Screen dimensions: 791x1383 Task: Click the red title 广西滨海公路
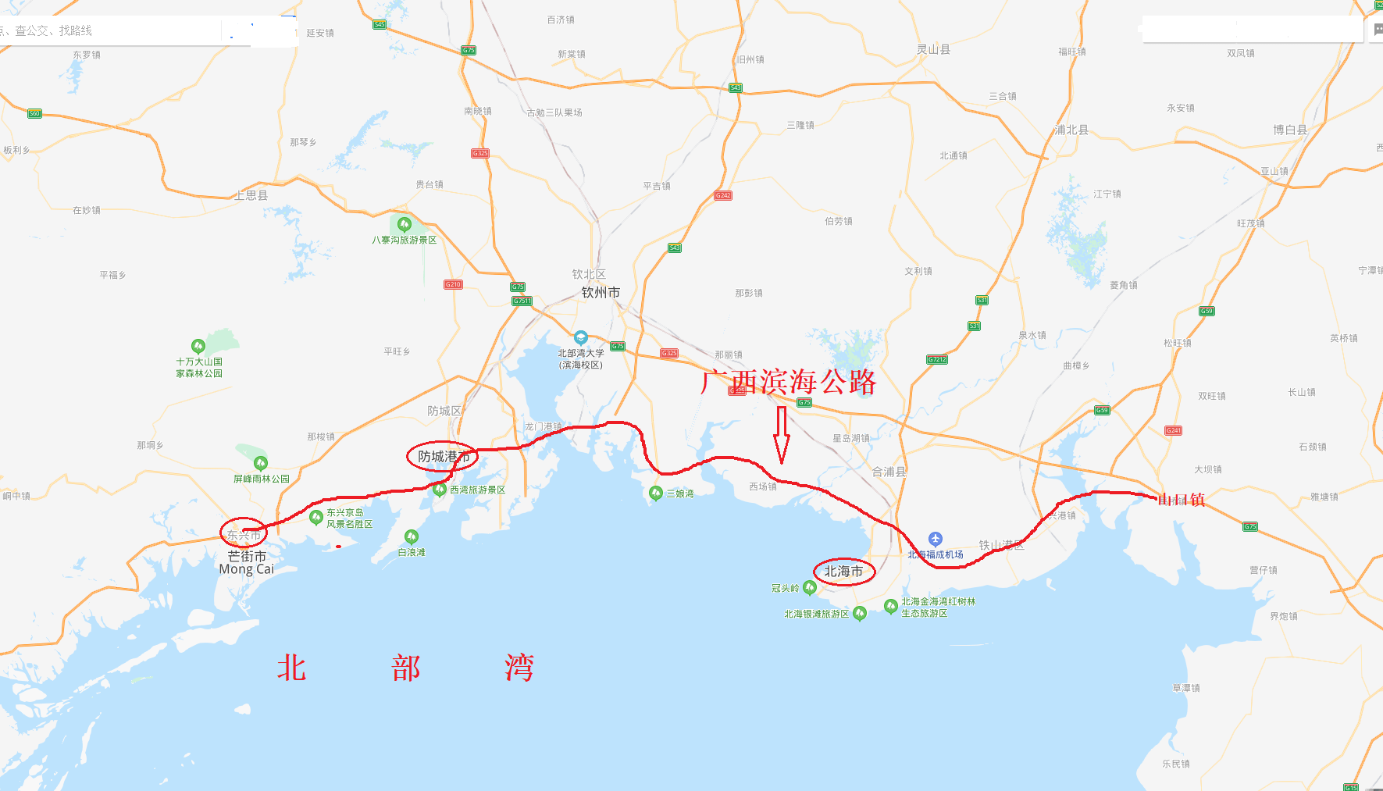click(x=789, y=382)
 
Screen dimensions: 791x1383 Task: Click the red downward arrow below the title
click(x=781, y=435)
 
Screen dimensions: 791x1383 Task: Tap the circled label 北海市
click(x=843, y=572)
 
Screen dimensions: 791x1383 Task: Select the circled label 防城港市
click(x=442, y=456)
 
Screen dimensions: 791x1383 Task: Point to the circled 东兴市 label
click(x=244, y=534)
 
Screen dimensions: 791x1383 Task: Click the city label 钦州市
click(x=601, y=293)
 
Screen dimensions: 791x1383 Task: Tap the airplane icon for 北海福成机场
click(x=936, y=539)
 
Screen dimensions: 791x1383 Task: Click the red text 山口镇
click(x=1182, y=500)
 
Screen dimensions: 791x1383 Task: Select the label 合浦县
click(x=889, y=472)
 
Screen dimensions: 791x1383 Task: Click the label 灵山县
click(x=933, y=49)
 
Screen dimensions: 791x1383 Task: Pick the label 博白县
click(x=1289, y=130)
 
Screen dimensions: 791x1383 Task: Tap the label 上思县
click(x=251, y=195)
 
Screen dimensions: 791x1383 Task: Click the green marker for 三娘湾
click(x=656, y=493)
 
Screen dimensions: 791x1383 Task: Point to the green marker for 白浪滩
click(x=412, y=536)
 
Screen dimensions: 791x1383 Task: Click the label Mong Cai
click(x=247, y=570)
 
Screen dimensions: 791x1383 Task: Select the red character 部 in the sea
click(x=405, y=668)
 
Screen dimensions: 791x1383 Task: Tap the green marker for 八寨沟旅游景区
click(x=404, y=224)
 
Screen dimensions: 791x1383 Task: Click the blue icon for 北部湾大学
click(x=580, y=337)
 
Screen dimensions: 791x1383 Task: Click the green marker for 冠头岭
click(x=810, y=587)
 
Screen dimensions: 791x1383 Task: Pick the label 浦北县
click(x=1071, y=130)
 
